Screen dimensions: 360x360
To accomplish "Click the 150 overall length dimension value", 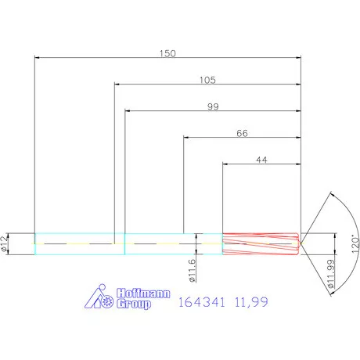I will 167,53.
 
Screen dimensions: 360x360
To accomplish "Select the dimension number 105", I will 207,80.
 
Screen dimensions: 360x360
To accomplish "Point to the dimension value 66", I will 242,134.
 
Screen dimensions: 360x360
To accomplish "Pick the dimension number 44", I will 261,160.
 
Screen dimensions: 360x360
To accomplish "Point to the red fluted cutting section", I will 261,244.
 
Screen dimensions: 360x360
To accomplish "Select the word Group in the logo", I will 133,305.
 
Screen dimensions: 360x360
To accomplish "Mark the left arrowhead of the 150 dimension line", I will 37,59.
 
